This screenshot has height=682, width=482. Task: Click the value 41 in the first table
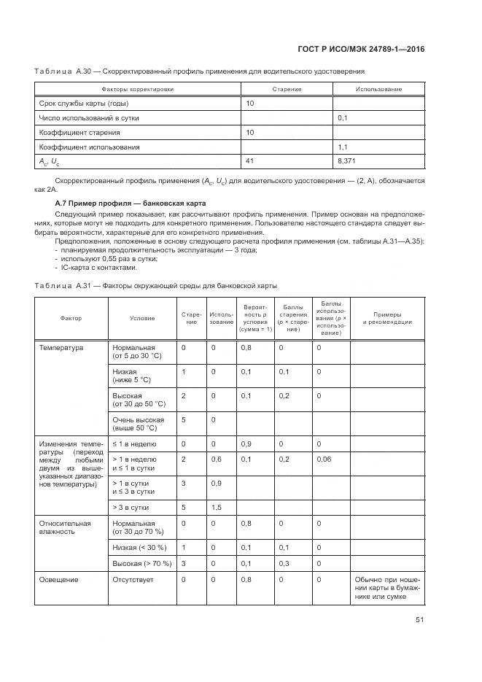pos(250,160)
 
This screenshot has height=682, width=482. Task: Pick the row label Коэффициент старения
pos(79,132)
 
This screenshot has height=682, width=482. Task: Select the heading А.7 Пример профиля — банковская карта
pos(131,203)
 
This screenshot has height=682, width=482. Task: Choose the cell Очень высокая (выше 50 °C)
pos(139,424)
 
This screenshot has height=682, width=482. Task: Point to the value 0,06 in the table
pos(323,460)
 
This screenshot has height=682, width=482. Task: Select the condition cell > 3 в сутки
pos(131,506)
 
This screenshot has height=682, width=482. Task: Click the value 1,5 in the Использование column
pos(217,506)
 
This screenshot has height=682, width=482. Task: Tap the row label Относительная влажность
pos(64,527)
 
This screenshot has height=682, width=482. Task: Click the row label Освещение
pos(58,580)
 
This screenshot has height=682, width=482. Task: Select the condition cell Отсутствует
pos(133,580)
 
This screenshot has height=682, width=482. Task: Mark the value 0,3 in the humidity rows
pos(284,564)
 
